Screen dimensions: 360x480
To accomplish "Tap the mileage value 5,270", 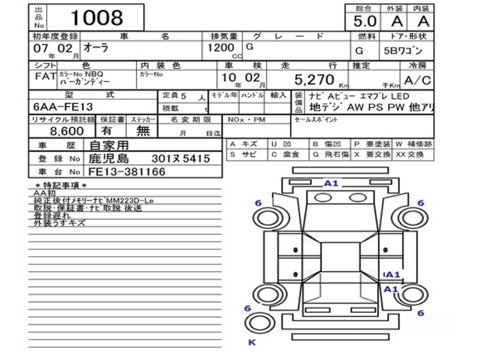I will point(314,80).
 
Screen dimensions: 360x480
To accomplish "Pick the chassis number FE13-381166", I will point(126,172).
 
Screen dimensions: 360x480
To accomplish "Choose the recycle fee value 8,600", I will point(67,131).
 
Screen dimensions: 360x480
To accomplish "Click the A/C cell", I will point(418,80).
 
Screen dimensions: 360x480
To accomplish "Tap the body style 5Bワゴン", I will point(406,51).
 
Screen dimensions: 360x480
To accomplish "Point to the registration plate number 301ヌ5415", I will point(180,159).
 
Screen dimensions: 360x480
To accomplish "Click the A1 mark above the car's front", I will point(331,184).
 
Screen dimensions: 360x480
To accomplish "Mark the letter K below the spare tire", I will point(252,342).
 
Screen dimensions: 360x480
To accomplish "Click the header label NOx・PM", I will point(246,120).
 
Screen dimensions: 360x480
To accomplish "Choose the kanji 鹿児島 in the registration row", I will point(109,158).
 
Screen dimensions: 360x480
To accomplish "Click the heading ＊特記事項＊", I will point(61,185).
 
